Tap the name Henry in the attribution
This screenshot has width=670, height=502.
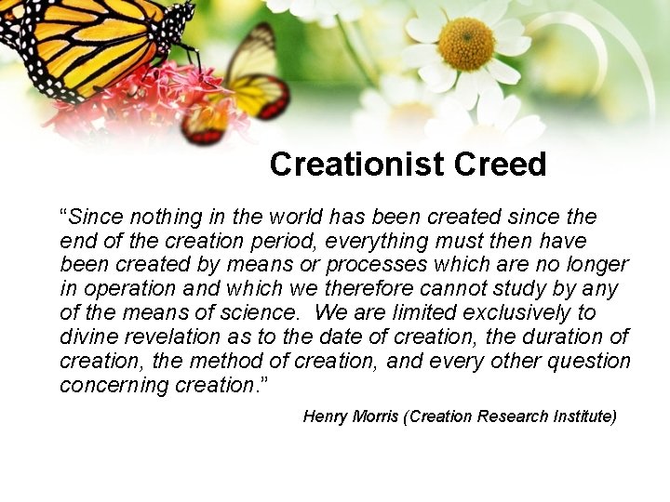click(326, 417)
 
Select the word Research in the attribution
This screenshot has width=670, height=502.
click(508, 417)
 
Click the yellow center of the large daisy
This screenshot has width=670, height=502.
click(466, 43)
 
